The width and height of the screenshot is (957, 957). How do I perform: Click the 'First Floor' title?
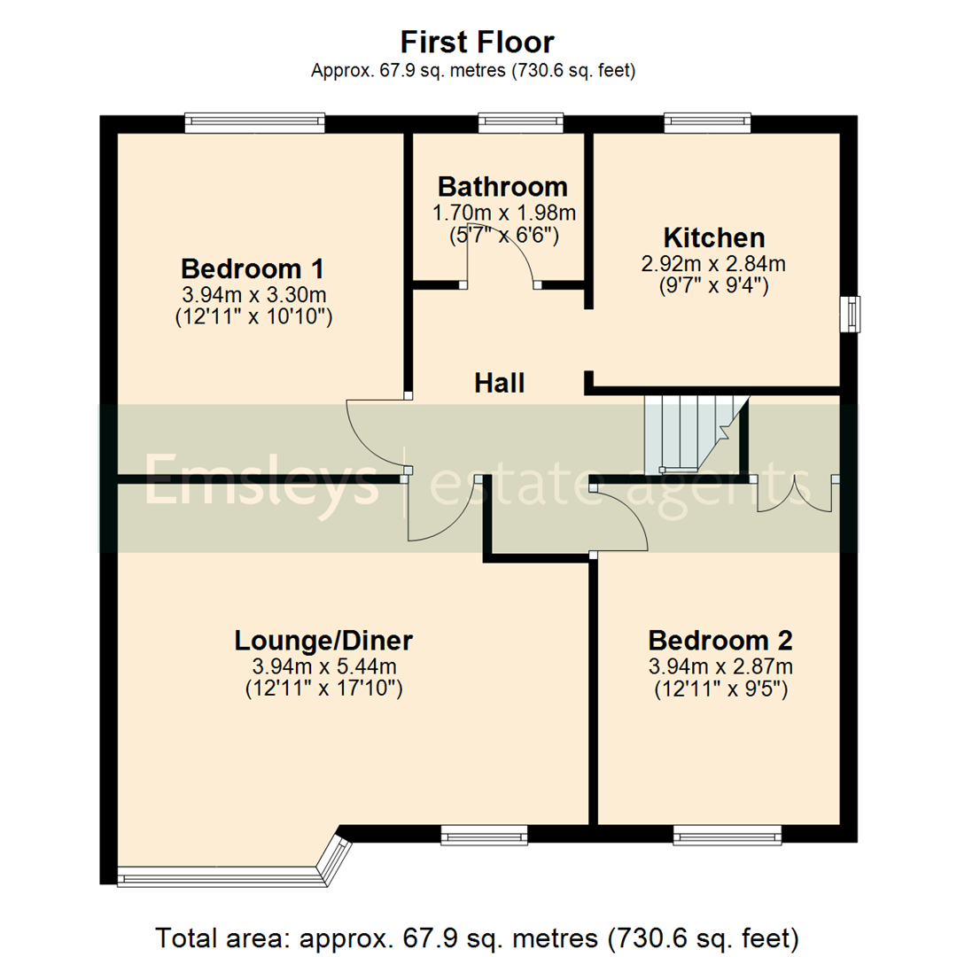478,42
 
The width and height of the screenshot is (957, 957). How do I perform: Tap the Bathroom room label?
502,187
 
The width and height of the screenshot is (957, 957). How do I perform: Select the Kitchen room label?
714,237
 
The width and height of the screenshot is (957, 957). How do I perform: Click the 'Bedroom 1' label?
253,268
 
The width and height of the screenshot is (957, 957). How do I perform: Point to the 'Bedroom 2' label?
720,640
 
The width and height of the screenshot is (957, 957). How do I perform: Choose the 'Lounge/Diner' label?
323,640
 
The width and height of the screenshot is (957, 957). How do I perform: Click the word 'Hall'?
500,383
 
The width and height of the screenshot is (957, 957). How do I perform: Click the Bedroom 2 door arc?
625,518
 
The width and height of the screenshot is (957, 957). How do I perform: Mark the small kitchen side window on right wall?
851,313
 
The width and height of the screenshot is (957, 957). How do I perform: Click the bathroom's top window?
521,123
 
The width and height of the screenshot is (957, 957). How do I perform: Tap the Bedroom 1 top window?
254,123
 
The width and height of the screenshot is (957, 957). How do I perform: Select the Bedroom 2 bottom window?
727,833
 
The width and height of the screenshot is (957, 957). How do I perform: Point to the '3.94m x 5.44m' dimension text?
323,665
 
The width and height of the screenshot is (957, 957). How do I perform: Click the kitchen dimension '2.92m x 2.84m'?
714,263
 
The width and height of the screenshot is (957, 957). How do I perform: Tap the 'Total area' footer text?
478,937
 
